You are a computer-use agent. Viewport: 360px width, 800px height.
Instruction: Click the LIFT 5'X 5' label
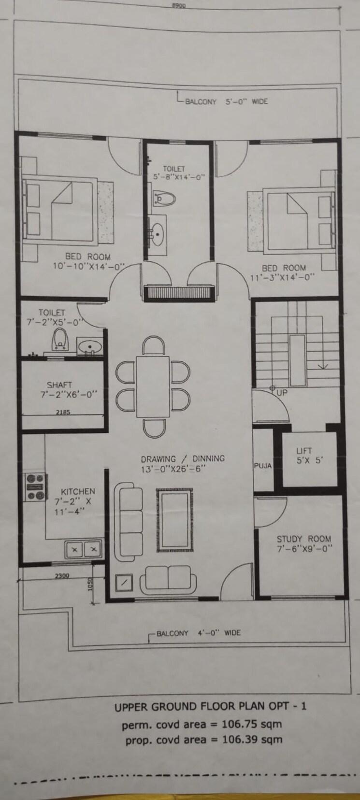pos(304,456)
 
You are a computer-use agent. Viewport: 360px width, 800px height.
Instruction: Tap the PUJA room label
pos(263,466)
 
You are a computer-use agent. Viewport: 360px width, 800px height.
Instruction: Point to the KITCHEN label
pos(77,491)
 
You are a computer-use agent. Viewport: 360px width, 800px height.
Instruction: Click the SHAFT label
pos(59,385)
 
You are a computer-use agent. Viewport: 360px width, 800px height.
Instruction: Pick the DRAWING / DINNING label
pos(183,459)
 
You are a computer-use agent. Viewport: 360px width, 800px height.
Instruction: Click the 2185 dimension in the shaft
pos(63,412)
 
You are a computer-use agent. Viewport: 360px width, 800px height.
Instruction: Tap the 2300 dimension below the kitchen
pos(62,575)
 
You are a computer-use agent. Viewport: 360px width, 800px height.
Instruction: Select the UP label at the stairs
pos(282,393)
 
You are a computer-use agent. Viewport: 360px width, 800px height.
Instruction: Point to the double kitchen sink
pos(84,549)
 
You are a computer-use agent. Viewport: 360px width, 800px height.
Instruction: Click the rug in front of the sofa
pos(174,520)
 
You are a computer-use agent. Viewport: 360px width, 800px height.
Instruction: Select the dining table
pos(153,386)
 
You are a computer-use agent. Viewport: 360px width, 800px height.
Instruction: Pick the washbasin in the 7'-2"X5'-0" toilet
pos(90,346)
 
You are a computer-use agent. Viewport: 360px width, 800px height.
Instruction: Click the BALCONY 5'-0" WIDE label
pos(226,101)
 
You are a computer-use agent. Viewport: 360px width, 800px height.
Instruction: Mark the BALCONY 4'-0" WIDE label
pos(198,633)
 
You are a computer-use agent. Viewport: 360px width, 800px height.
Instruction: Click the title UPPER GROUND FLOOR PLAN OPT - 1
pos(210,706)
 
